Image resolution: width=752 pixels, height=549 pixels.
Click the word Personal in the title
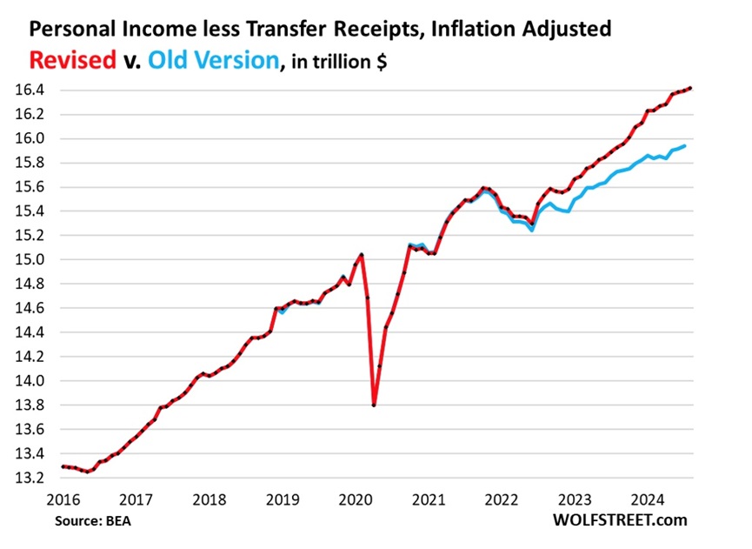69,29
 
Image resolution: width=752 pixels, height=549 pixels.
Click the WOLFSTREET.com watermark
619,519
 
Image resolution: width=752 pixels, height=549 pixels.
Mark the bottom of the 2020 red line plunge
374,405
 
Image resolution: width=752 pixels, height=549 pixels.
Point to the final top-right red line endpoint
689,88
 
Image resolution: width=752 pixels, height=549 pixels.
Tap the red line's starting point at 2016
62,466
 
